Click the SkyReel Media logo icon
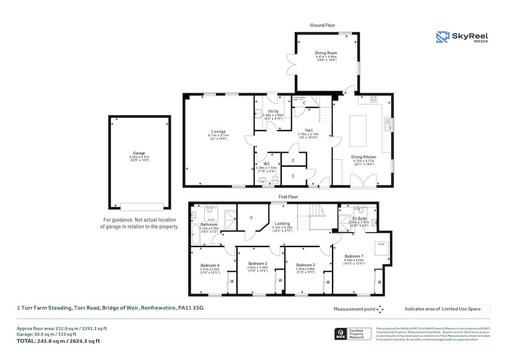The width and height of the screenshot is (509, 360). (x=443, y=37)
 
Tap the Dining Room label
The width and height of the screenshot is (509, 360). (x=325, y=54)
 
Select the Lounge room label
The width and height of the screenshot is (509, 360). (x=218, y=132)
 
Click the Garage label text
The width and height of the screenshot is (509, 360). (x=139, y=153)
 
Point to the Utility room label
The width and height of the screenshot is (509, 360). (x=265, y=111)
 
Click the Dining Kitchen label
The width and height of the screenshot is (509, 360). (x=364, y=157)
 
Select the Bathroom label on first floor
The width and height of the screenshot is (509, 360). (x=209, y=224)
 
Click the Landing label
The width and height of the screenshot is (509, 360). (x=282, y=223)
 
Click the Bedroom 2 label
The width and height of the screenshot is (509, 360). (x=305, y=264)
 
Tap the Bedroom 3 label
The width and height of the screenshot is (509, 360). (x=257, y=263)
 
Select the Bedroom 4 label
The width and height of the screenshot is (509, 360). (x=210, y=265)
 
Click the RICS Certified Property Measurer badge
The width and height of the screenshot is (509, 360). (x=353, y=333)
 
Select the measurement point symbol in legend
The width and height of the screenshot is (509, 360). (x=380, y=309)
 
